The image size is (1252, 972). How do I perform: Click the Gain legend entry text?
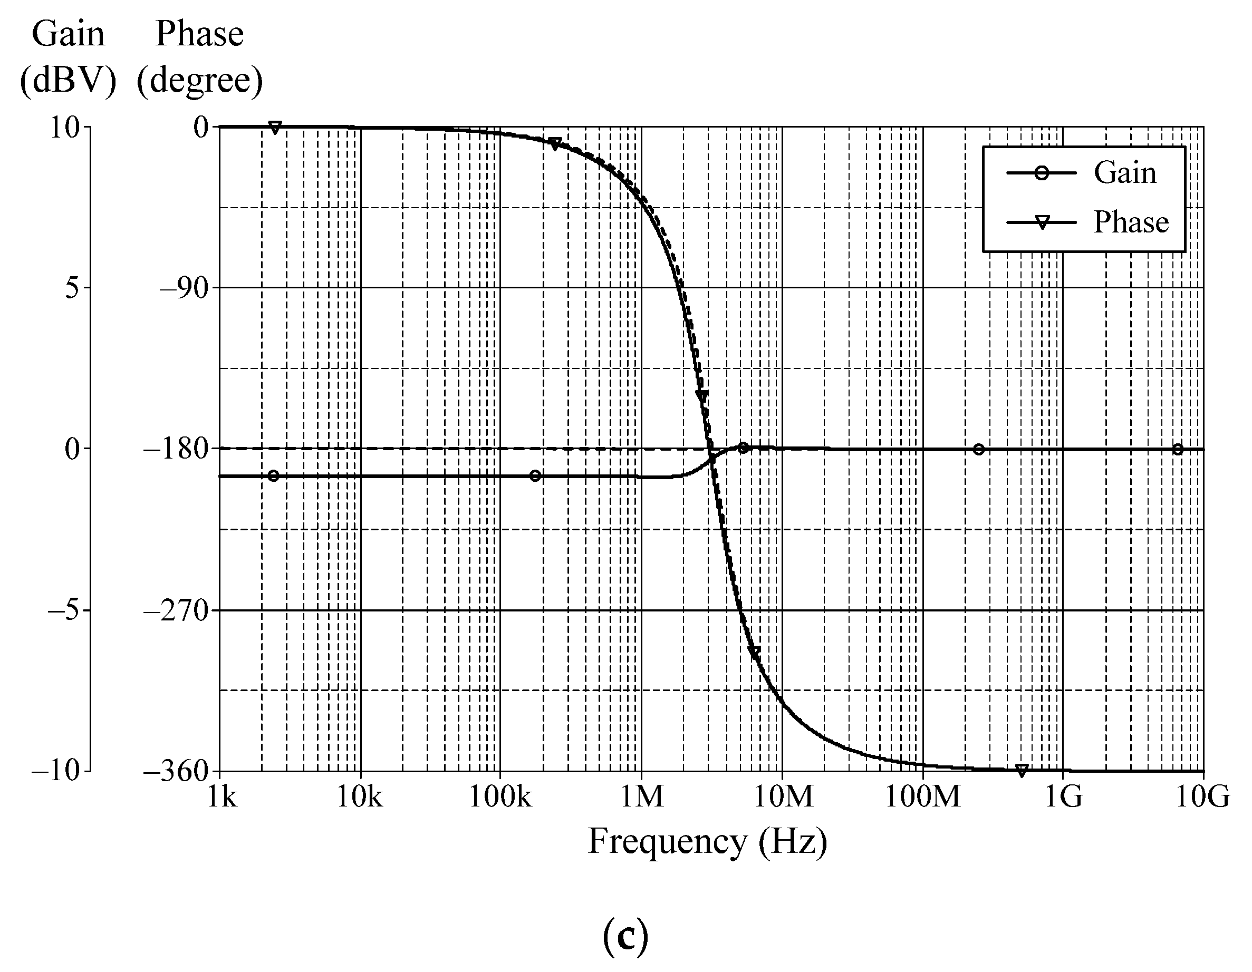1125,172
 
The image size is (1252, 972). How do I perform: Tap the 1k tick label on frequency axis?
222,796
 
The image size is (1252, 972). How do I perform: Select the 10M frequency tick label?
783,796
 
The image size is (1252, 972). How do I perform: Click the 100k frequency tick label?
500,796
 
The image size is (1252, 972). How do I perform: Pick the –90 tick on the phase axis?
184,288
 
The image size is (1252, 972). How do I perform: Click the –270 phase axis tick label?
176,611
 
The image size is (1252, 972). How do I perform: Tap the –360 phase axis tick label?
176,771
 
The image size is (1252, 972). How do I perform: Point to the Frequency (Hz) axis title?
707,842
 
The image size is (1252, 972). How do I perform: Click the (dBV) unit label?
68,80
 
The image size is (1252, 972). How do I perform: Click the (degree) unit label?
199,80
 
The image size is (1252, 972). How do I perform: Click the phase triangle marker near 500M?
1021,770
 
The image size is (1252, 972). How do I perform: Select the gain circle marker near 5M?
743,448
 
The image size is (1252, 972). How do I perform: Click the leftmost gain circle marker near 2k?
273,475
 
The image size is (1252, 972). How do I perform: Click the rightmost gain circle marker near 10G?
1178,449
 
